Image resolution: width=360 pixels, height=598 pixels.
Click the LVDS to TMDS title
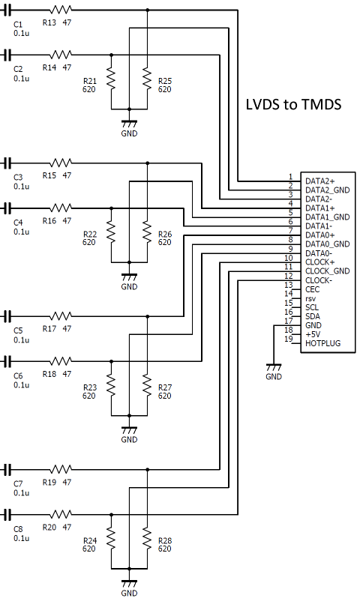click(293, 104)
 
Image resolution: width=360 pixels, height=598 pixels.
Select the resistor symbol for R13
click(60, 10)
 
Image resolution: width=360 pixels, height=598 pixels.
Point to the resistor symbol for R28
click(147, 539)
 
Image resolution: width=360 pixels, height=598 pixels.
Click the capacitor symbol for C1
click(7, 10)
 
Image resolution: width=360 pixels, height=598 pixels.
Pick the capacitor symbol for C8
click(7, 515)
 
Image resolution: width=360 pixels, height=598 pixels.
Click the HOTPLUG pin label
click(322, 343)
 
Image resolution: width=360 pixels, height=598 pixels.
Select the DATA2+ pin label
click(320, 181)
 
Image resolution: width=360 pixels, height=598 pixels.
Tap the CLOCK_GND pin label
click(328, 271)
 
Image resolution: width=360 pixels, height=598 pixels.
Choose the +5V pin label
click(313, 334)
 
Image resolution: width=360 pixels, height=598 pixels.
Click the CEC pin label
click(312, 289)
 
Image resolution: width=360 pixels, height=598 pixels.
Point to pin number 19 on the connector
click(289, 339)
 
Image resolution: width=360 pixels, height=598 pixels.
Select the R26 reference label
click(165, 234)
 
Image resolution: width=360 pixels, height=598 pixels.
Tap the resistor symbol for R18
click(60, 360)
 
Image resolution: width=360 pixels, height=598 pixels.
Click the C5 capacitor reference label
click(18, 330)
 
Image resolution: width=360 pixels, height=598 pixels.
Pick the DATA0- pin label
click(319, 253)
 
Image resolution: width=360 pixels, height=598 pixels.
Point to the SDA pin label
click(313, 316)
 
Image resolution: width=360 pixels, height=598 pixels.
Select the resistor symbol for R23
click(111, 386)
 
